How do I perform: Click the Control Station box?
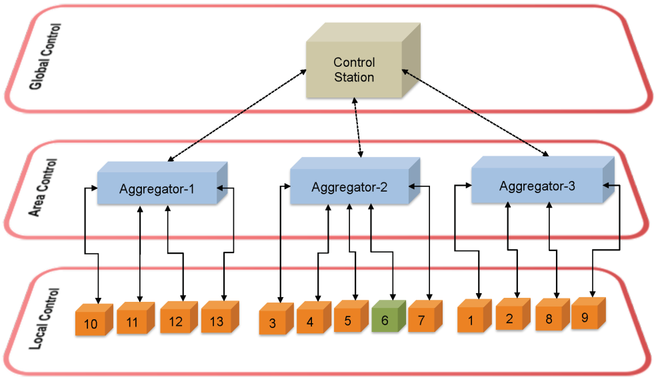click(x=355, y=69)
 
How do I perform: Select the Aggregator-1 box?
click(x=157, y=189)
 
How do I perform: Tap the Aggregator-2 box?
click(x=349, y=188)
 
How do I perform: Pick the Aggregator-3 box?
click(x=537, y=186)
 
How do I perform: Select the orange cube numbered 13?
click(x=216, y=321)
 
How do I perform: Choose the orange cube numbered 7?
click(x=421, y=320)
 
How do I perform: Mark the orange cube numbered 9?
click(x=585, y=317)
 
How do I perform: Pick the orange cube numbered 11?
click(x=132, y=322)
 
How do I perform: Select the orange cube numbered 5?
click(x=347, y=320)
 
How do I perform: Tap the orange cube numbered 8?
click(x=549, y=319)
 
